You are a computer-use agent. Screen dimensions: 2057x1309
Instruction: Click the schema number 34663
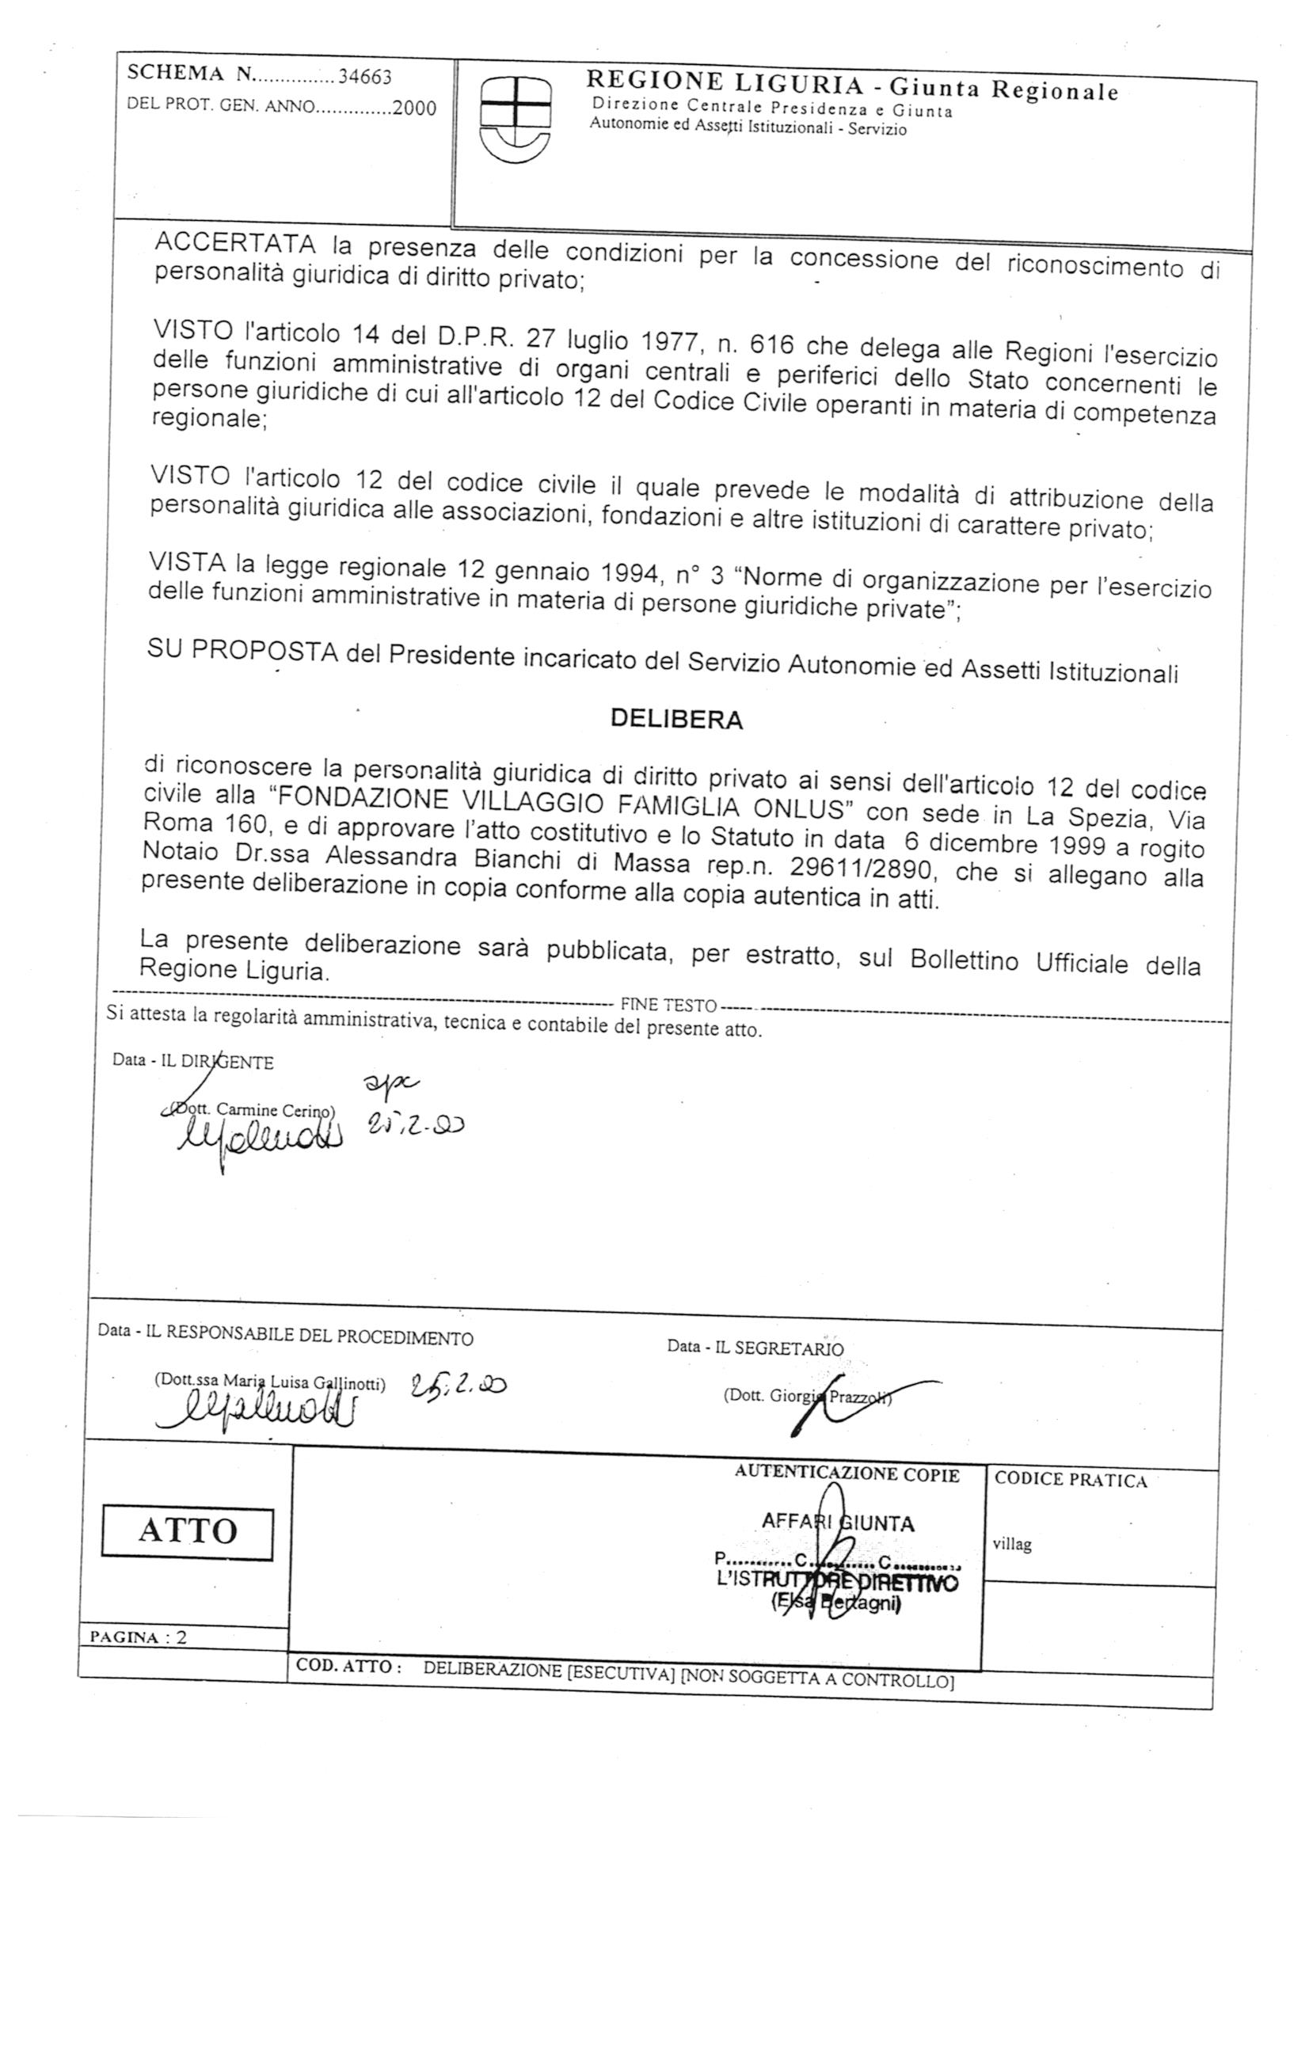coord(365,78)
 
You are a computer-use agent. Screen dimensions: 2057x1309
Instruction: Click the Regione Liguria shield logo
coord(516,117)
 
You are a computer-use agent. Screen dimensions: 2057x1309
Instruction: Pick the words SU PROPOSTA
coord(244,651)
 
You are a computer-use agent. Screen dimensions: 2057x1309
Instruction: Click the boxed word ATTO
coord(187,1530)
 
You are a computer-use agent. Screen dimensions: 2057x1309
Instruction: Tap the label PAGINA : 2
coord(139,1637)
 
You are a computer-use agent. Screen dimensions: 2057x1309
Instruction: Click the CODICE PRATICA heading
coord(1070,1481)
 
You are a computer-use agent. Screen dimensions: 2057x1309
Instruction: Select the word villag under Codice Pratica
coord(1012,1545)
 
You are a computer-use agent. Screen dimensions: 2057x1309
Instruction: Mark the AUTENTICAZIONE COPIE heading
coord(846,1473)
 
